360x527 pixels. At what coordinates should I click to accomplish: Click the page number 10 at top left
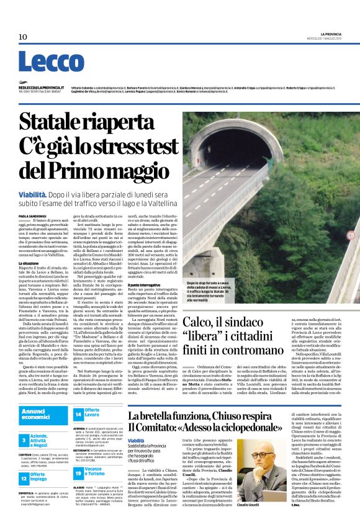coord(22,37)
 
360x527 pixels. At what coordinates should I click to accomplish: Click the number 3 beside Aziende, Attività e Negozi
coord(24,439)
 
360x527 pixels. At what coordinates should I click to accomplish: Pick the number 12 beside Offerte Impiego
coord(24,477)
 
